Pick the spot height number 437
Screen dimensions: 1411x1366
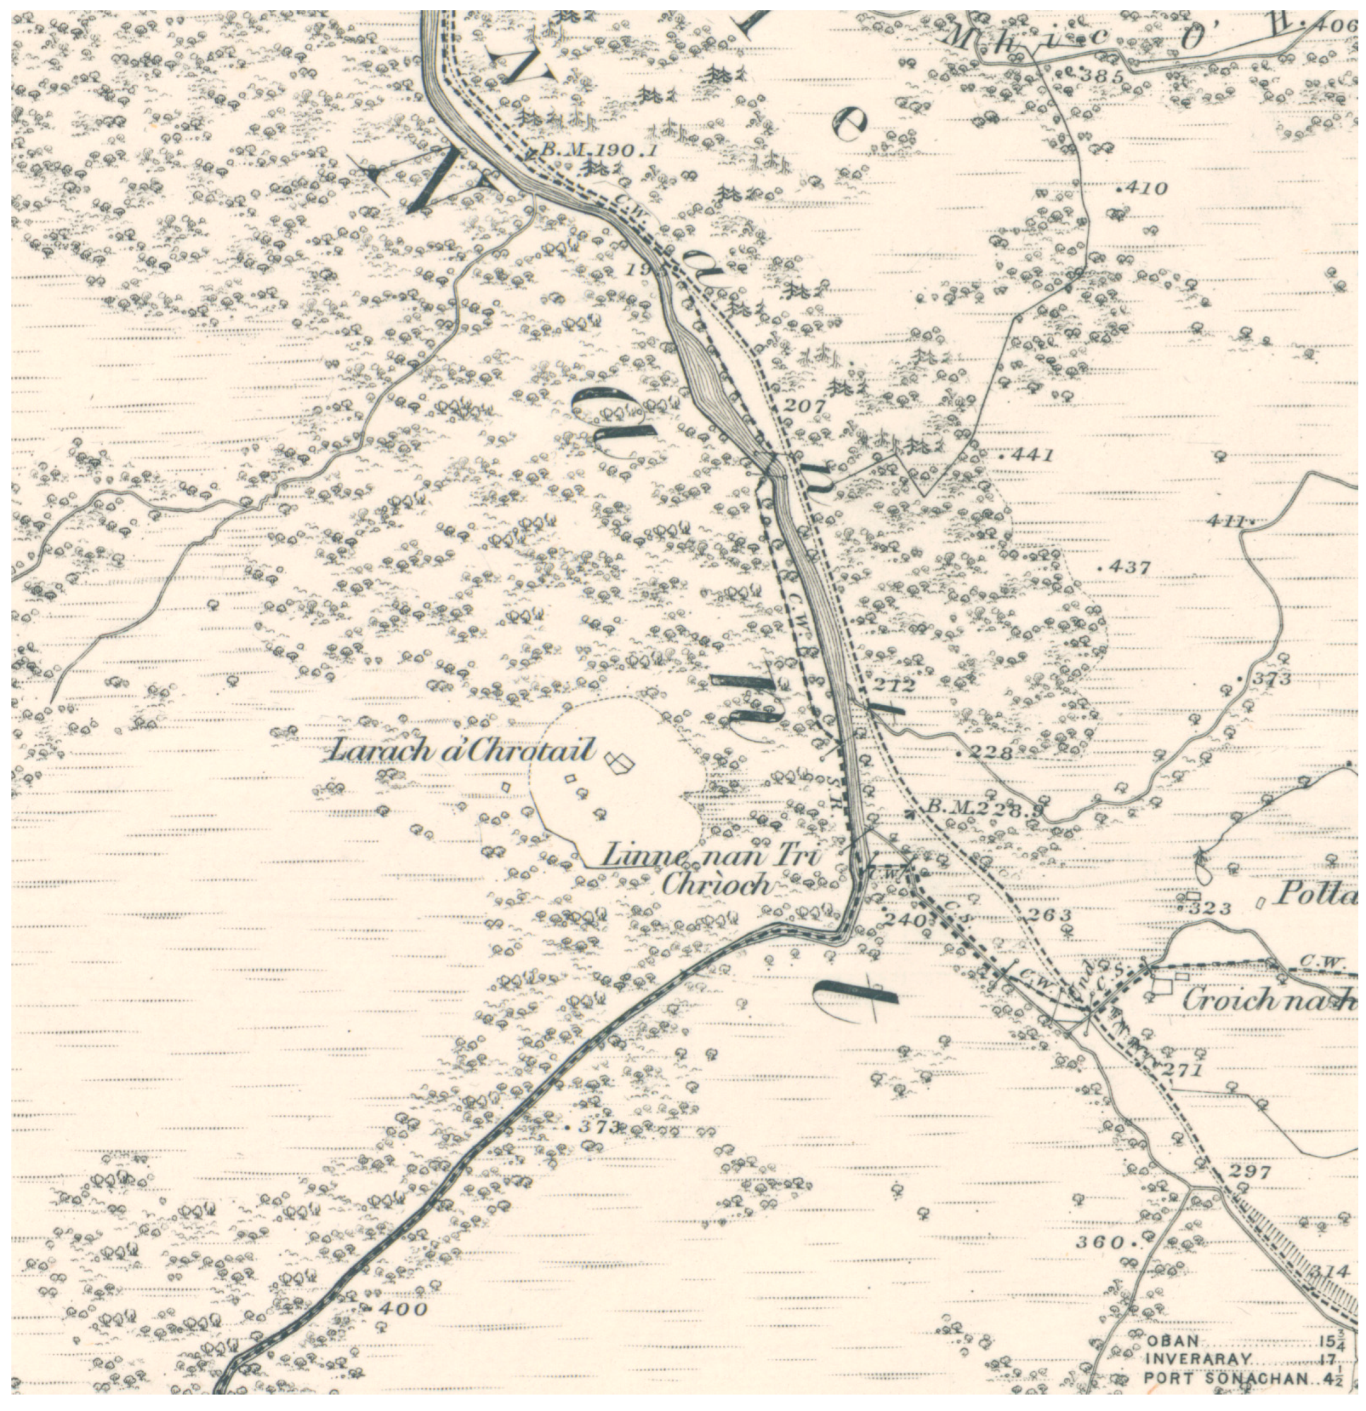1129,567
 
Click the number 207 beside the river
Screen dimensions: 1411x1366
803,406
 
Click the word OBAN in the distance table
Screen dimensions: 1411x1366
1172,1341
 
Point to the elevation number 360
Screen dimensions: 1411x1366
1101,1242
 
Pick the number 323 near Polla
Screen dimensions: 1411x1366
1212,909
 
